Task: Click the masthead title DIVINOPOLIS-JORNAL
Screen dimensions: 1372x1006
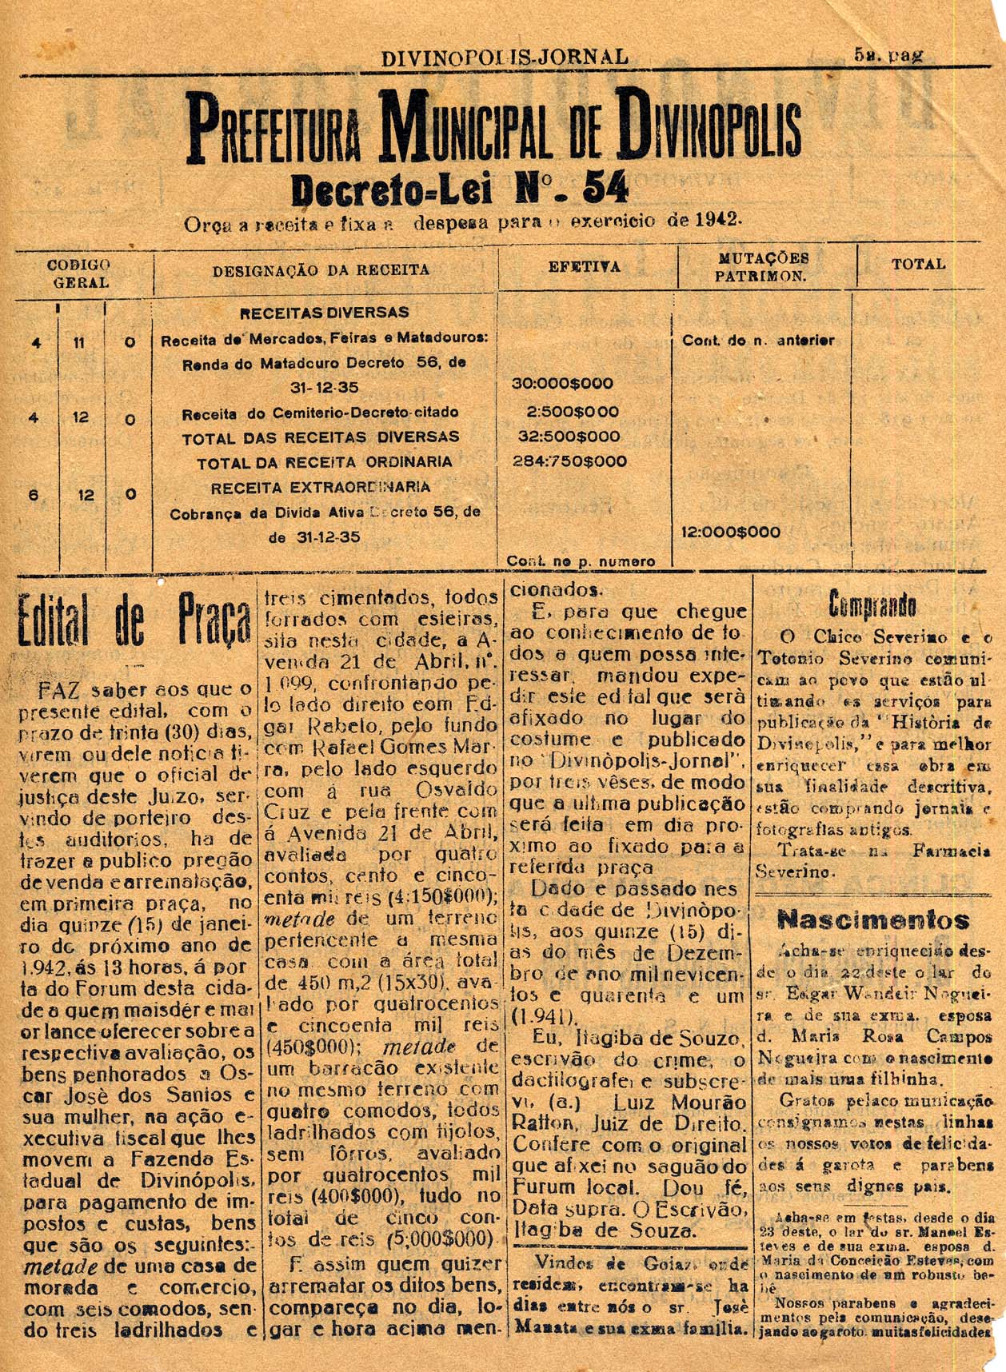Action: click(505, 58)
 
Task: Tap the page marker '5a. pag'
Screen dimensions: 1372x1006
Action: click(888, 55)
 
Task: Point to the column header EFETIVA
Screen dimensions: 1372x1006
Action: click(584, 267)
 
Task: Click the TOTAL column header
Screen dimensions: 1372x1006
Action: click(918, 264)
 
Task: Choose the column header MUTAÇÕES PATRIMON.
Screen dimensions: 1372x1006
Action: click(761, 267)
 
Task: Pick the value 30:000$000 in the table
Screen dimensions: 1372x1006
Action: click(562, 384)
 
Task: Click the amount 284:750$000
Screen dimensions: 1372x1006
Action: click(569, 461)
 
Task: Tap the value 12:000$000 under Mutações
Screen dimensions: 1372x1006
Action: click(730, 532)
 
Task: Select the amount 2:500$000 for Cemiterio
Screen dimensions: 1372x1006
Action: click(572, 412)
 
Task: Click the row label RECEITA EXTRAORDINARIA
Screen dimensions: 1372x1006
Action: click(320, 488)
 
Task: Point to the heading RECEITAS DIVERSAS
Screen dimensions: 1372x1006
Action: click(324, 313)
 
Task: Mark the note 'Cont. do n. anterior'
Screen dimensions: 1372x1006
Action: click(757, 341)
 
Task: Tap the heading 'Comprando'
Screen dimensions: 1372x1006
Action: click(872, 604)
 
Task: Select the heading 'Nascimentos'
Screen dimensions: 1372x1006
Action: click(873, 920)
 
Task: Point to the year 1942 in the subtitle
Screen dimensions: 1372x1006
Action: click(717, 220)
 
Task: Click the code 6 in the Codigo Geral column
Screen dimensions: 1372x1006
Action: click(34, 495)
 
